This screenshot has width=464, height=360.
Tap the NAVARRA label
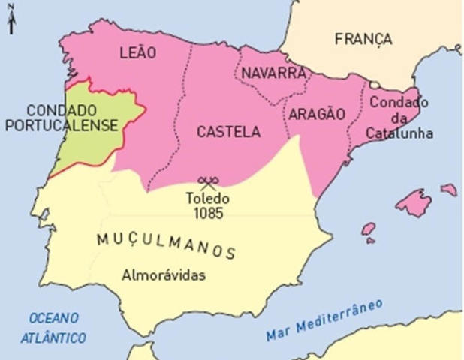pos(273,73)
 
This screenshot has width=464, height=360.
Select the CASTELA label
pos(228,132)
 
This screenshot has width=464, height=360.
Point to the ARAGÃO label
pos(315,114)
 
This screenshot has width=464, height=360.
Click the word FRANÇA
pos(363,39)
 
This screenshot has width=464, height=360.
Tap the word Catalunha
pos(396,133)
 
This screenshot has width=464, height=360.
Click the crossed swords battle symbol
pos(208,182)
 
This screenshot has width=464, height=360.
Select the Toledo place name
pos(208,199)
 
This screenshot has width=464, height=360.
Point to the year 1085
pos(208,213)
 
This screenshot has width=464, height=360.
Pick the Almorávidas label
pos(164,274)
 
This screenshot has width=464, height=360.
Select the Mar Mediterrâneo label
pos(324,321)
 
